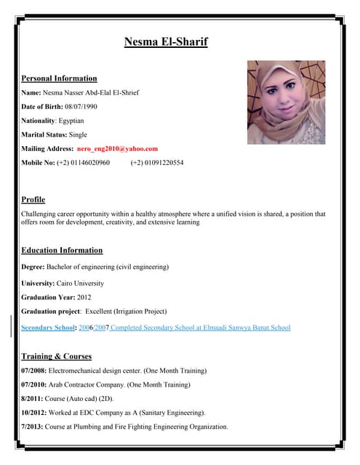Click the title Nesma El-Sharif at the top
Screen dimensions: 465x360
(166, 41)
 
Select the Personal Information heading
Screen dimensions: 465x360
(59, 78)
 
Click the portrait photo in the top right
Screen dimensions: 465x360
(286, 102)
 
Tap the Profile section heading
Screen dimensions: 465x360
(33, 199)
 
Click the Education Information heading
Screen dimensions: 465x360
(62, 250)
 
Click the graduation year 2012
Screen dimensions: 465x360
(84, 297)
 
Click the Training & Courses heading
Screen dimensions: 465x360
(57, 357)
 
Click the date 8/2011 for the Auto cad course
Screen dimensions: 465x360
(32, 399)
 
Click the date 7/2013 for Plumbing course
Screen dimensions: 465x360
(32, 426)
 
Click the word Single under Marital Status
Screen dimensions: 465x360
(78, 134)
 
